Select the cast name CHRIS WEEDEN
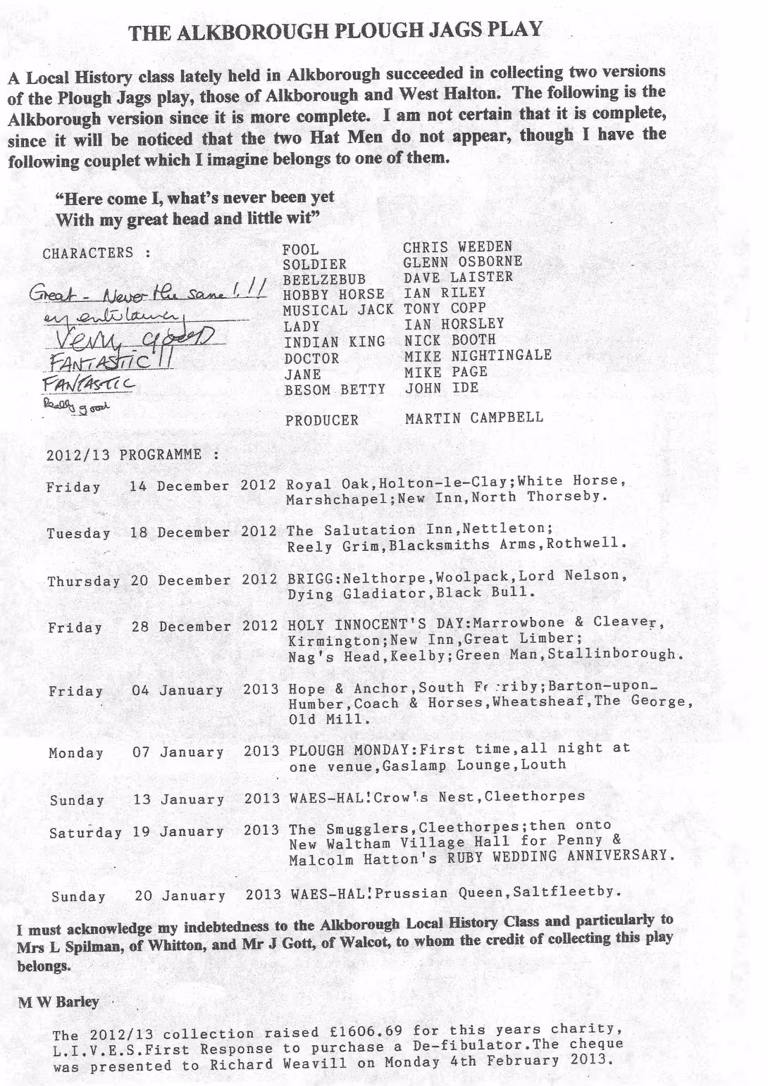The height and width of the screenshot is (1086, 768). click(457, 247)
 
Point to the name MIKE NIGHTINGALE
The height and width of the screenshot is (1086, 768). click(477, 356)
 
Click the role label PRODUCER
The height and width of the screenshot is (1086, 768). click(322, 420)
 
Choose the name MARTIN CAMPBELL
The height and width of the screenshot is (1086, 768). click(473, 418)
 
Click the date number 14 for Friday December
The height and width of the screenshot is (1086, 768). click(139, 486)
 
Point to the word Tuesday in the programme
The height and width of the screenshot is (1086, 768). click(78, 533)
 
